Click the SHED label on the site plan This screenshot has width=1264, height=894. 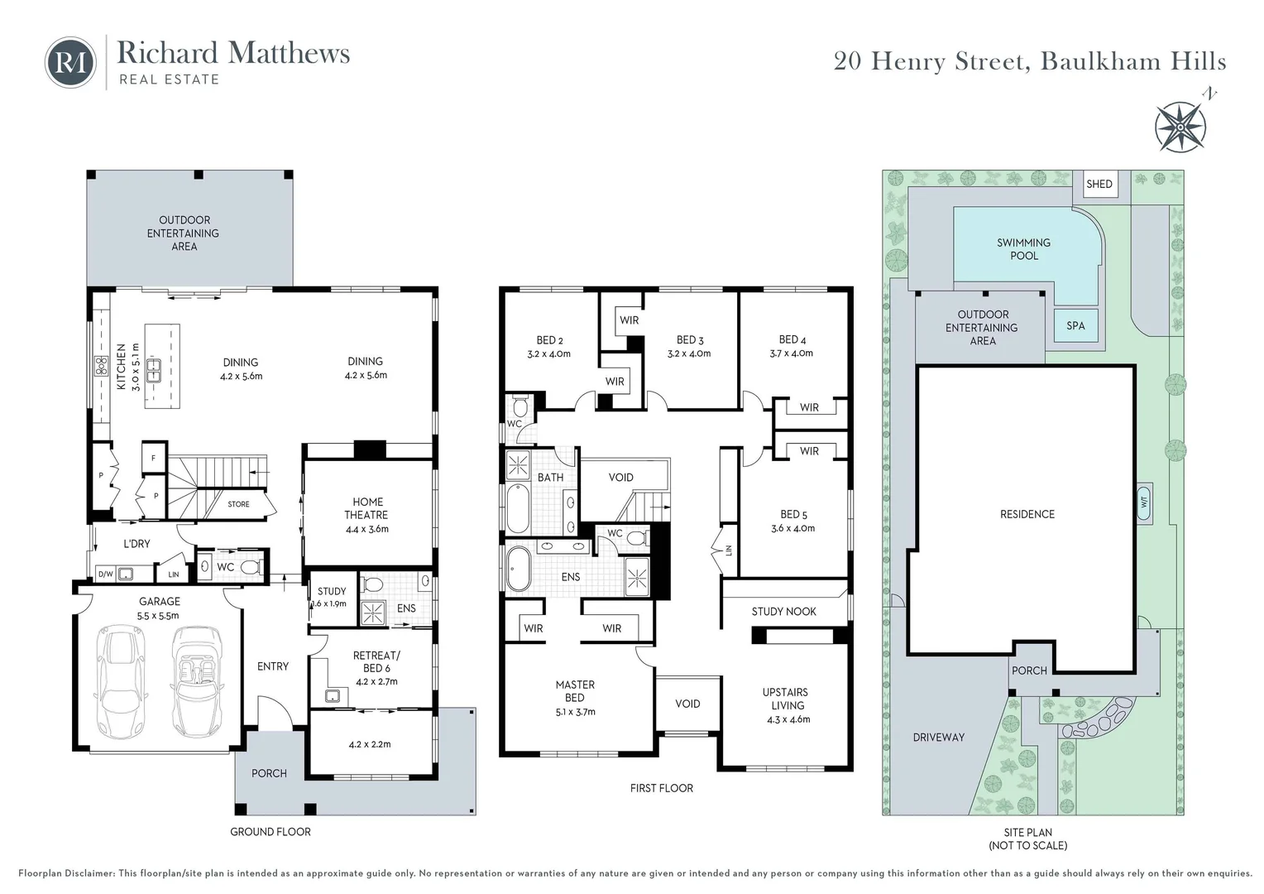point(1099,184)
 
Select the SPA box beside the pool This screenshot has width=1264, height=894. point(1075,325)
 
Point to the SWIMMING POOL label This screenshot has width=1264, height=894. point(1023,249)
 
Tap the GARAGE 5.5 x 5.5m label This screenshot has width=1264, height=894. point(159,608)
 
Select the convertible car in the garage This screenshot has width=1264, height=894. point(195,680)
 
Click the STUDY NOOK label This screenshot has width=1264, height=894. point(783,612)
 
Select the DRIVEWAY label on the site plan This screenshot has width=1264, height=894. point(938,737)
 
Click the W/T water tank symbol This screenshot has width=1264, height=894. point(1145,502)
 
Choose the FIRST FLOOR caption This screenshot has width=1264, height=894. point(661,788)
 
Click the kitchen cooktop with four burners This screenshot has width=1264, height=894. point(101,366)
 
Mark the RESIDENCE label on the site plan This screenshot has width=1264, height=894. point(1027,514)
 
